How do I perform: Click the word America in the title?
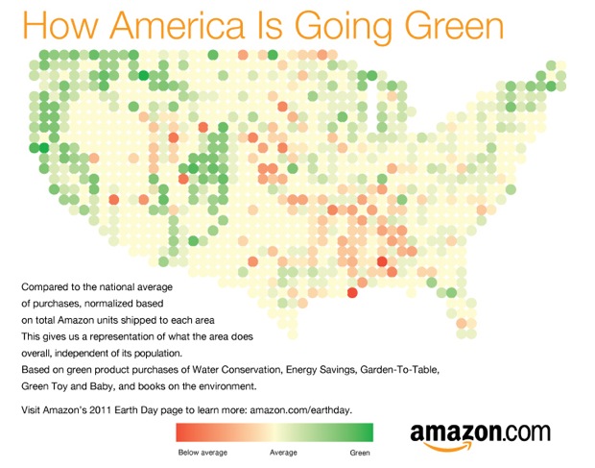(x=177, y=25)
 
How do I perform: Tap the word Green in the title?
(x=454, y=25)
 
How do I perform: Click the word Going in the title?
(x=344, y=27)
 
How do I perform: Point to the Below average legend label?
(x=202, y=453)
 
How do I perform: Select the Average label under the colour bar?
(x=283, y=453)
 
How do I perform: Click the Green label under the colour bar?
(x=360, y=453)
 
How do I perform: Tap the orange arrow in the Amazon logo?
(x=447, y=445)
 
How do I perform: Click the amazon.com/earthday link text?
(x=301, y=410)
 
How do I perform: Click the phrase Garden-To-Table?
(x=399, y=370)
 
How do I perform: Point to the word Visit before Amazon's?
(x=31, y=410)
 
